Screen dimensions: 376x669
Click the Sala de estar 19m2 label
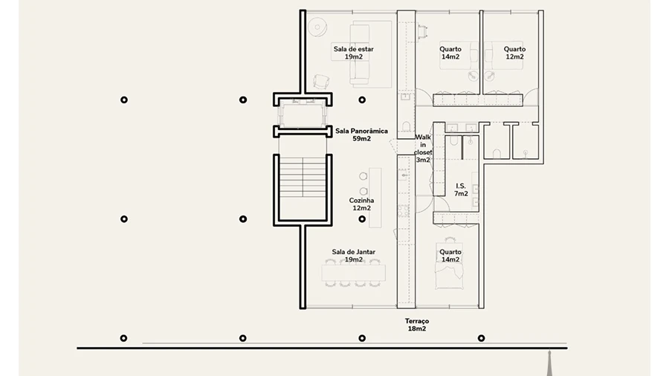click(x=353, y=53)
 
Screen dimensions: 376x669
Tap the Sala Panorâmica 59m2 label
click(x=361, y=134)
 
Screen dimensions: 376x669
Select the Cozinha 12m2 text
click(x=362, y=204)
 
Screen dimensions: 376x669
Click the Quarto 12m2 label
click(x=514, y=53)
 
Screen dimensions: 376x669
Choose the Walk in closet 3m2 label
click(x=423, y=149)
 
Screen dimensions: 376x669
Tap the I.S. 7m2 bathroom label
click(x=462, y=189)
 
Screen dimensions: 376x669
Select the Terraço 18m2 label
click(x=417, y=325)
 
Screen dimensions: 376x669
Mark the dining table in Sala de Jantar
click(x=352, y=273)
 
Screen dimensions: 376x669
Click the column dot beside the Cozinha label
click(x=362, y=219)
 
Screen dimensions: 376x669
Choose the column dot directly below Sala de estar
click(x=362, y=100)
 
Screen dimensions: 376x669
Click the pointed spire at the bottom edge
click(x=549, y=364)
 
